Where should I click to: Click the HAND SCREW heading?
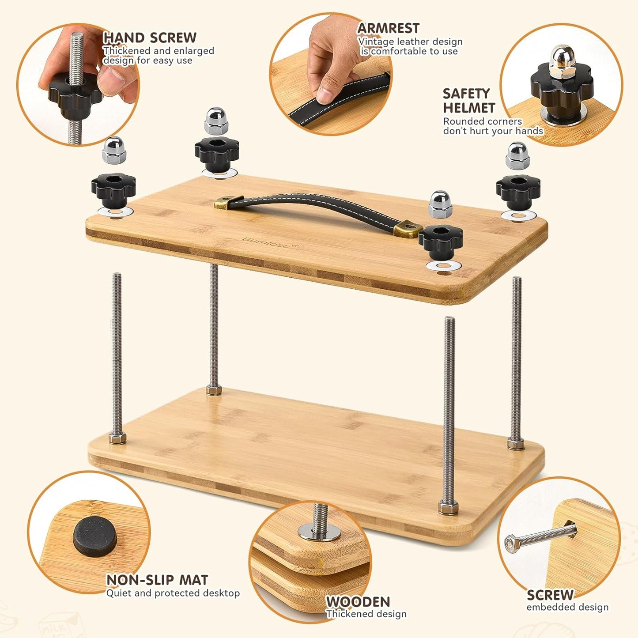point(150,38)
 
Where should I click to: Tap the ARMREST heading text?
point(388,28)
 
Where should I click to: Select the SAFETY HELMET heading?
point(468,101)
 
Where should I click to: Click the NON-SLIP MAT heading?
point(157,580)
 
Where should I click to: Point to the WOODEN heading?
point(358,602)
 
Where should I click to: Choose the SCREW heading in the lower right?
point(550,595)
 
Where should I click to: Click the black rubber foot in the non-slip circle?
point(94,536)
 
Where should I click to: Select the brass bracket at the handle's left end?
point(229,202)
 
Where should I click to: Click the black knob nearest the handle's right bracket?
point(440,240)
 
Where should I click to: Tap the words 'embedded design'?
point(567,608)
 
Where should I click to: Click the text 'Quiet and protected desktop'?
point(173,593)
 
